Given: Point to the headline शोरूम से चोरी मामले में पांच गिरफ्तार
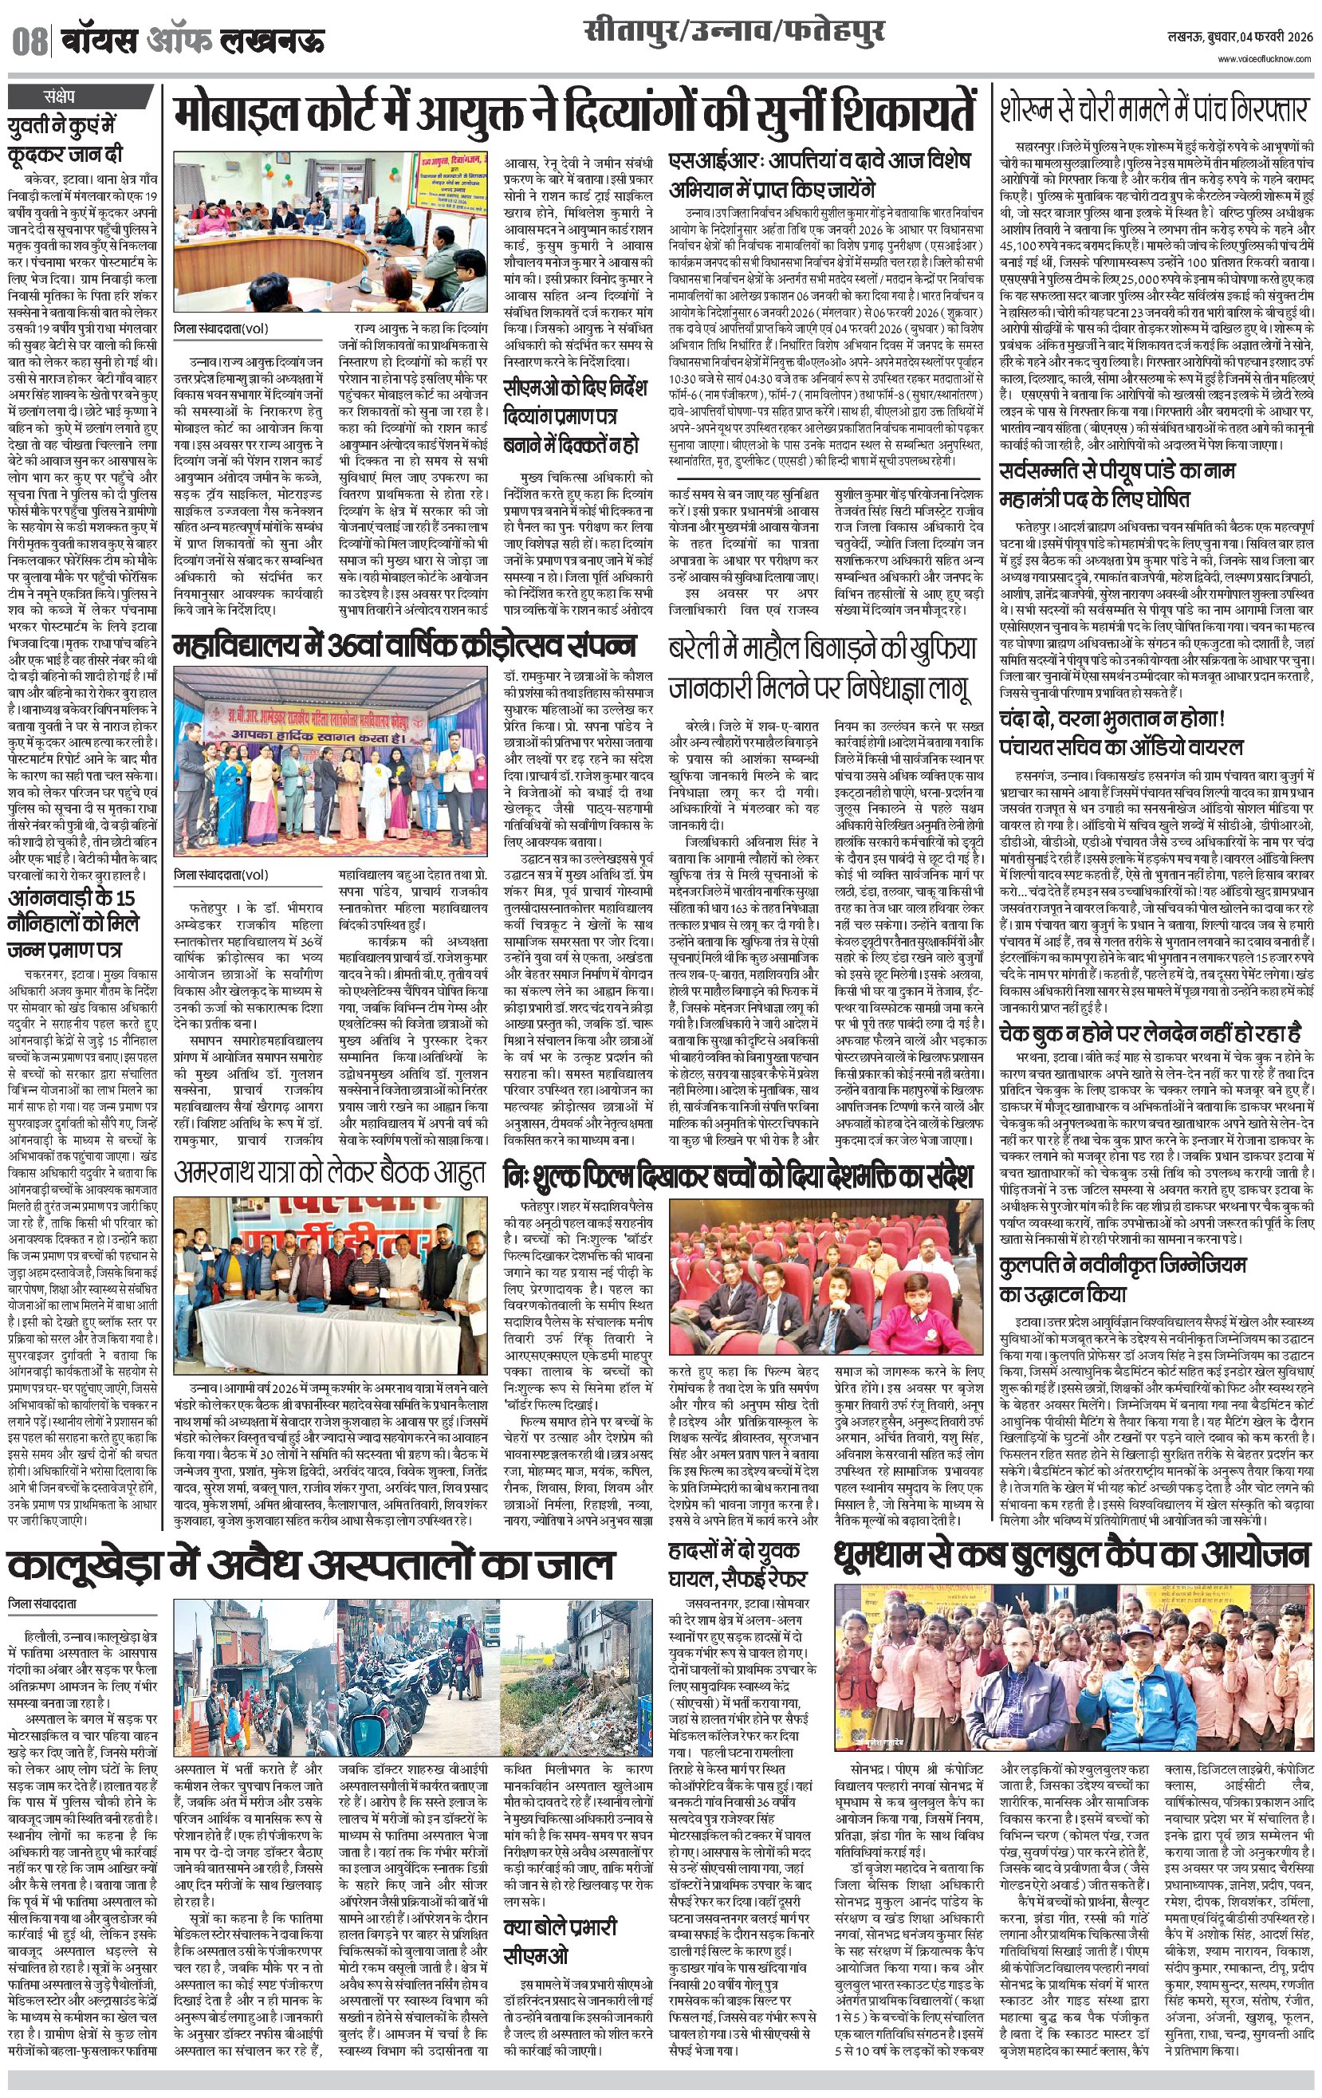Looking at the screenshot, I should click(1154, 111).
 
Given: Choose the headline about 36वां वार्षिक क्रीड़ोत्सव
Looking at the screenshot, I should click(404, 646).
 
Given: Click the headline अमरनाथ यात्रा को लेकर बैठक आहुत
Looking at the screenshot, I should click(329, 1173).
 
